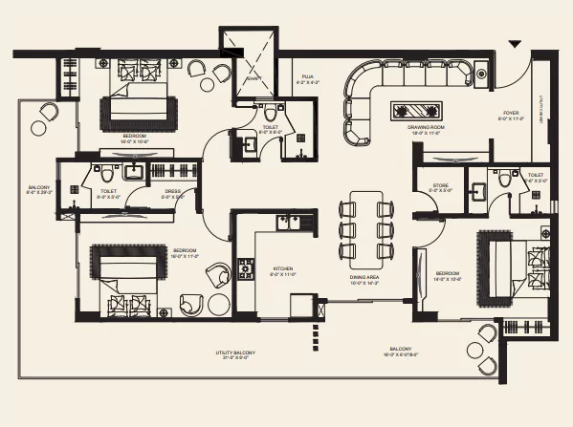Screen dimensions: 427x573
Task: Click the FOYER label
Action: (510, 114)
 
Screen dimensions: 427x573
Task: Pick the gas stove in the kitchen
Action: (246, 270)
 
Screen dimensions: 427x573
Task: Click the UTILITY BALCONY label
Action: (235, 352)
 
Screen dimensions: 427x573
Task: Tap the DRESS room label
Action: (173, 190)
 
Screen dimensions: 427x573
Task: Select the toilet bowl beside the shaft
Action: (269, 111)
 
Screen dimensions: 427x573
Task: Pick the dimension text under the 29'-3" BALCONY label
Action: (39, 195)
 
